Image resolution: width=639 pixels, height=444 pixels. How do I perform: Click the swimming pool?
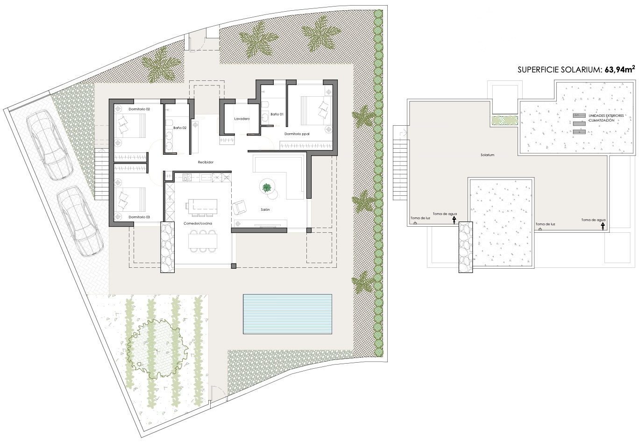pyautogui.click(x=287, y=314)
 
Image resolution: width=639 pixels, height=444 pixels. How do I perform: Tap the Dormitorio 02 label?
pyautogui.click(x=139, y=109)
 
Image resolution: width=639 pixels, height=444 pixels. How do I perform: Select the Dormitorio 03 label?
pyautogui.click(x=139, y=217)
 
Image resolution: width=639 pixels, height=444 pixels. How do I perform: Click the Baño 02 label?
pyautogui.click(x=180, y=128)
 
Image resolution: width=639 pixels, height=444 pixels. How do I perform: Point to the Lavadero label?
pyautogui.click(x=242, y=119)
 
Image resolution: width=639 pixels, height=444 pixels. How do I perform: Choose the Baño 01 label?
pyautogui.click(x=277, y=114)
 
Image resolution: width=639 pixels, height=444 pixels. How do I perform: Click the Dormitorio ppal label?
pyautogui.click(x=297, y=134)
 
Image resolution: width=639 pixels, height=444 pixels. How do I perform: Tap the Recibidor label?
pyautogui.click(x=206, y=162)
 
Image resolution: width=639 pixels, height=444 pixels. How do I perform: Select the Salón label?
pyautogui.click(x=265, y=210)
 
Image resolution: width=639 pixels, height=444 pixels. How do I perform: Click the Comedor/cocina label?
pyautogui.click(x=198, y=223)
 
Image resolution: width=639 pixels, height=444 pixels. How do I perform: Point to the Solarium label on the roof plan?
pyautogui.click(x=487, y=155)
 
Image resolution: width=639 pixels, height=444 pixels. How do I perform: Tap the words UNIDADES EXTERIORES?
pyautogui.click(x=606, y=116)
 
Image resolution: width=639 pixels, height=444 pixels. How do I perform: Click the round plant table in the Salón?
pyautogui.click(x=267, y=187)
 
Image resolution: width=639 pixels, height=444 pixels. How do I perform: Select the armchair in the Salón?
pyautogui.click(x=239, y=208)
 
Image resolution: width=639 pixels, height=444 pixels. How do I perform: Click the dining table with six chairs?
pyautogui.click(x=203, y=241)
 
